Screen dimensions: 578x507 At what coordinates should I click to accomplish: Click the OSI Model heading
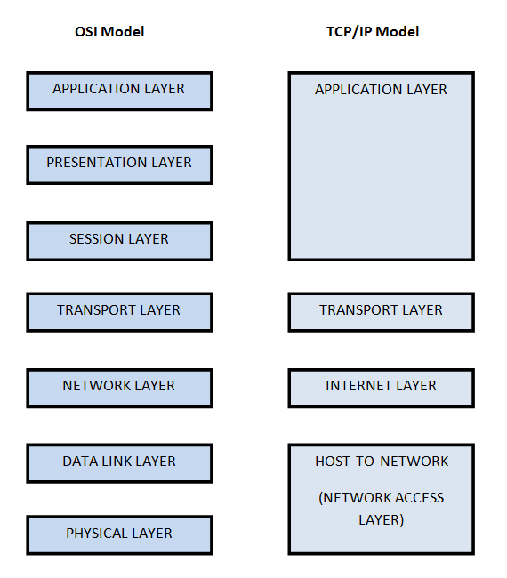(x=109, y=32)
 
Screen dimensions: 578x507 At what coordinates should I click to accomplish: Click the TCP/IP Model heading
(x=373, y=32)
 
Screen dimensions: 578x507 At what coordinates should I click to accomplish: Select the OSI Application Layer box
(x=119, y=91)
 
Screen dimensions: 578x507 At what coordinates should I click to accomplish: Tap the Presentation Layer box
(x=119, y=165)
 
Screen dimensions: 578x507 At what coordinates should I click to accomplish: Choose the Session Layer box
(x=119, y=240)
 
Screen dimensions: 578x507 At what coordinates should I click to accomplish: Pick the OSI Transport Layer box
(x=119, y=311)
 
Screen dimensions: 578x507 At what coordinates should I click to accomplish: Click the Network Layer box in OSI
(x=119, y=387)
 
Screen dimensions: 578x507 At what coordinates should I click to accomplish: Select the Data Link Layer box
(x=119, y=462)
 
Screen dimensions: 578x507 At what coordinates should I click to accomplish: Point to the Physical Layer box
(x=119, y=534)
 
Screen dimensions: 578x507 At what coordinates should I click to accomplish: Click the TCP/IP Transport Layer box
(x=381, y=311)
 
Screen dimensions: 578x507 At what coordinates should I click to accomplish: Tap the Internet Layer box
(x=381, y=387)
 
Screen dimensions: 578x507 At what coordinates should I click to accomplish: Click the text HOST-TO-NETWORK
(x=382, y=462)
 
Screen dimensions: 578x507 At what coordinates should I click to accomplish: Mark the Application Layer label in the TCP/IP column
(x=381, y=90)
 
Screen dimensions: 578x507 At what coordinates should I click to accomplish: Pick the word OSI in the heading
(x=86, y=32)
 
